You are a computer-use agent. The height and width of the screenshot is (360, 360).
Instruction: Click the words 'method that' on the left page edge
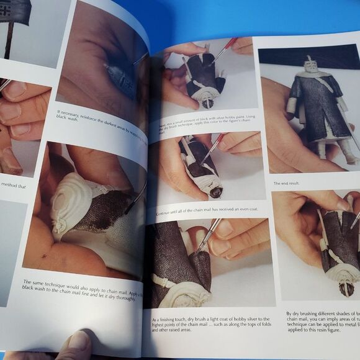(x=14, y=184)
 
